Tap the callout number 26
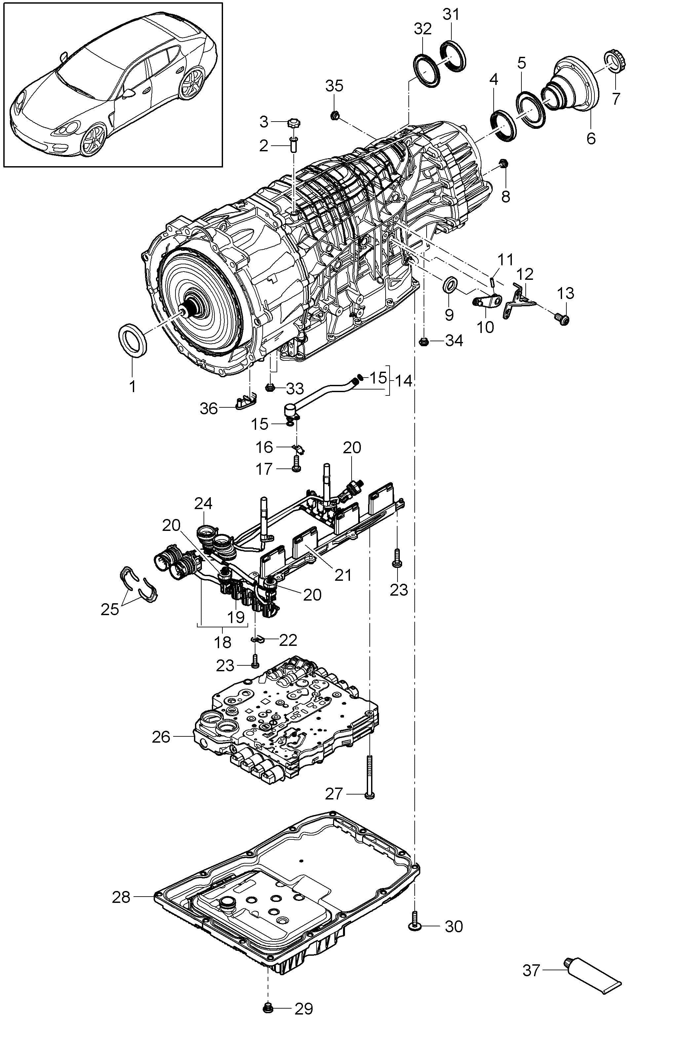tap(161, 737)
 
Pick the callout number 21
tap(343, 575)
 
